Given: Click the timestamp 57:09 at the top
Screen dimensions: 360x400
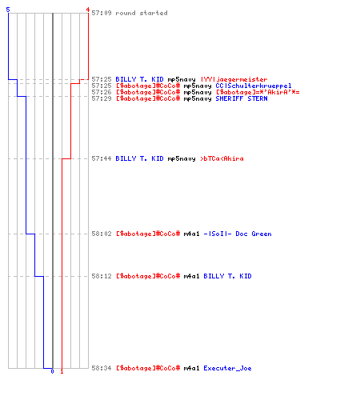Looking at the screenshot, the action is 102,13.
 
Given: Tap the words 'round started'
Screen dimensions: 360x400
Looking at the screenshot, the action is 142,13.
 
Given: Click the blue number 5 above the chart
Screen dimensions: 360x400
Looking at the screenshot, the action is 8,10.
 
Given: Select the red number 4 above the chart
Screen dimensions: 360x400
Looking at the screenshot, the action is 88,10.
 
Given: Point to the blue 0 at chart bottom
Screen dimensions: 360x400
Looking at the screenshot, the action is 52,371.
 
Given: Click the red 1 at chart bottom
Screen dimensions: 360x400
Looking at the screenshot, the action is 62,371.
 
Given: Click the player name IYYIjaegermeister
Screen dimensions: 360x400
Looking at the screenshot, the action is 234,79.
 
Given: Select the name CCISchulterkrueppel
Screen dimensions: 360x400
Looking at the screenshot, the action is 254,86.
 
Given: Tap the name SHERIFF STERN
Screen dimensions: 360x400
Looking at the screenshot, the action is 242,98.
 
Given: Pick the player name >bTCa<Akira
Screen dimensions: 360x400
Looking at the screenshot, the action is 222,158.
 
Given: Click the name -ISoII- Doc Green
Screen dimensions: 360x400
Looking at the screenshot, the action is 238,234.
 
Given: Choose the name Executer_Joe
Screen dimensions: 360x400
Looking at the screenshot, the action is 227,368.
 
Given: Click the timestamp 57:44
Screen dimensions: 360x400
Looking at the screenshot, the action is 102,158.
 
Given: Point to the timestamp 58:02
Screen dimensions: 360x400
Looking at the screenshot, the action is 102,234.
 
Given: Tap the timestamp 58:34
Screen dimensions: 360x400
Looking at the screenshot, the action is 102,368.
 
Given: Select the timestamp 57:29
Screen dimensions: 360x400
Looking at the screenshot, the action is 102,98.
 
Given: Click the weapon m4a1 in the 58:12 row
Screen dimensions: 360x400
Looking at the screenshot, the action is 191,276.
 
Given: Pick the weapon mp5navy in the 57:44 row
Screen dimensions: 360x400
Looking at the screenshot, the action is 182,158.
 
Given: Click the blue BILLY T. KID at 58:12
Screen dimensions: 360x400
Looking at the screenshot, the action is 227,276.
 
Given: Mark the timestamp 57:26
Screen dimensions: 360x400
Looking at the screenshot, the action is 102,92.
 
